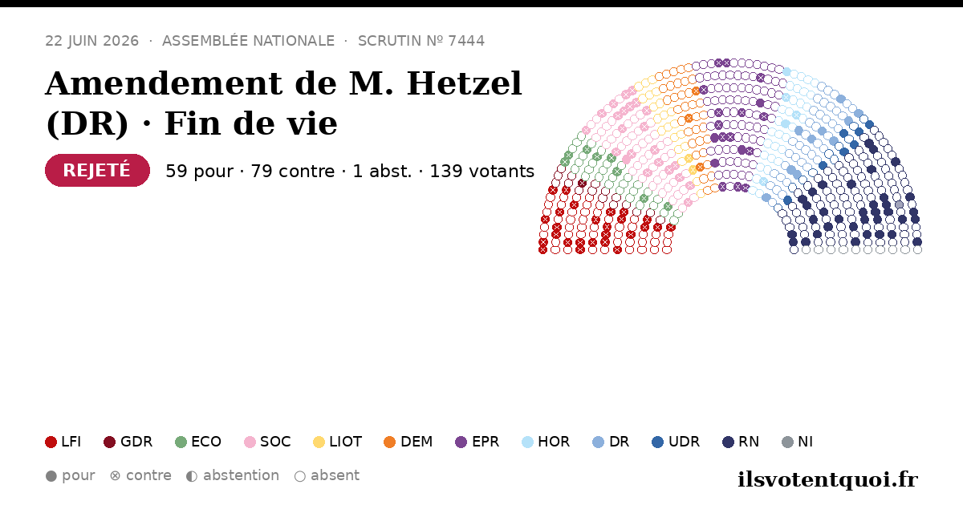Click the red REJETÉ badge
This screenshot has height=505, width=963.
tap(97, 171)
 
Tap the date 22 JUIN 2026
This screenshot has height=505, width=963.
tap(92, 41)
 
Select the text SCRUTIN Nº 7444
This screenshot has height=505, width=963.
tap(421, 41)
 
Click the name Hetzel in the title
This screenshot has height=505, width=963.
tap(465, 83)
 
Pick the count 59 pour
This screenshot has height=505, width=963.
tap(200, 171)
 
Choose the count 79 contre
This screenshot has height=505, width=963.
tap(292, 171)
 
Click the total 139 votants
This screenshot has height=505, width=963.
tap(482, 171)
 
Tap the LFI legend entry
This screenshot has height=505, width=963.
tap(63, 442)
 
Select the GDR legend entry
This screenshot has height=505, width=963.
tap(128, 442)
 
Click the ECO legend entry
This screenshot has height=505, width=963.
tap(198, 442)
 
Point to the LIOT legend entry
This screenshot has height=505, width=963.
tap(338, 442)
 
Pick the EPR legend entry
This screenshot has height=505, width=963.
tap(477, 442)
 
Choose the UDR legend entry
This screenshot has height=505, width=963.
tap(676, 442)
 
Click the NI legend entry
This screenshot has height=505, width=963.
tap(798, 442)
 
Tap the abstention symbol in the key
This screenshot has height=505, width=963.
tap(192, 476)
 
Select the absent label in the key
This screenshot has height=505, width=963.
tap(335, 476)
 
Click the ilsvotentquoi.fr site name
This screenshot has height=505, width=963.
tap(827, 480)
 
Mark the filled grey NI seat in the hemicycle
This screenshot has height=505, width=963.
tap(900, 205)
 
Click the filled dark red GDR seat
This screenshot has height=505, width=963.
tap(582, 184)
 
